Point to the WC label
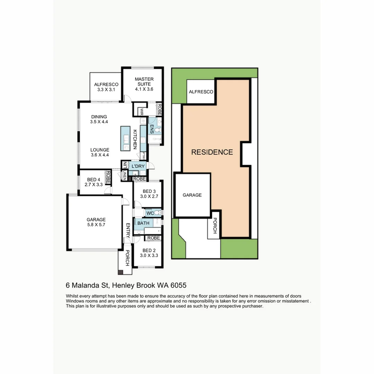(x=150, y=213)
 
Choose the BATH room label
(x=143, y=223)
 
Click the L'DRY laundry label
(x=138, y=167)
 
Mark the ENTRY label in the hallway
(x=127, y=230)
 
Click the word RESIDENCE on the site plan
(x=212, y=152)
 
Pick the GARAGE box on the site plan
(x=192, y=195)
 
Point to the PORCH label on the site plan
(x=215, y=225)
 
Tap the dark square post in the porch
(x=120, y=273)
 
